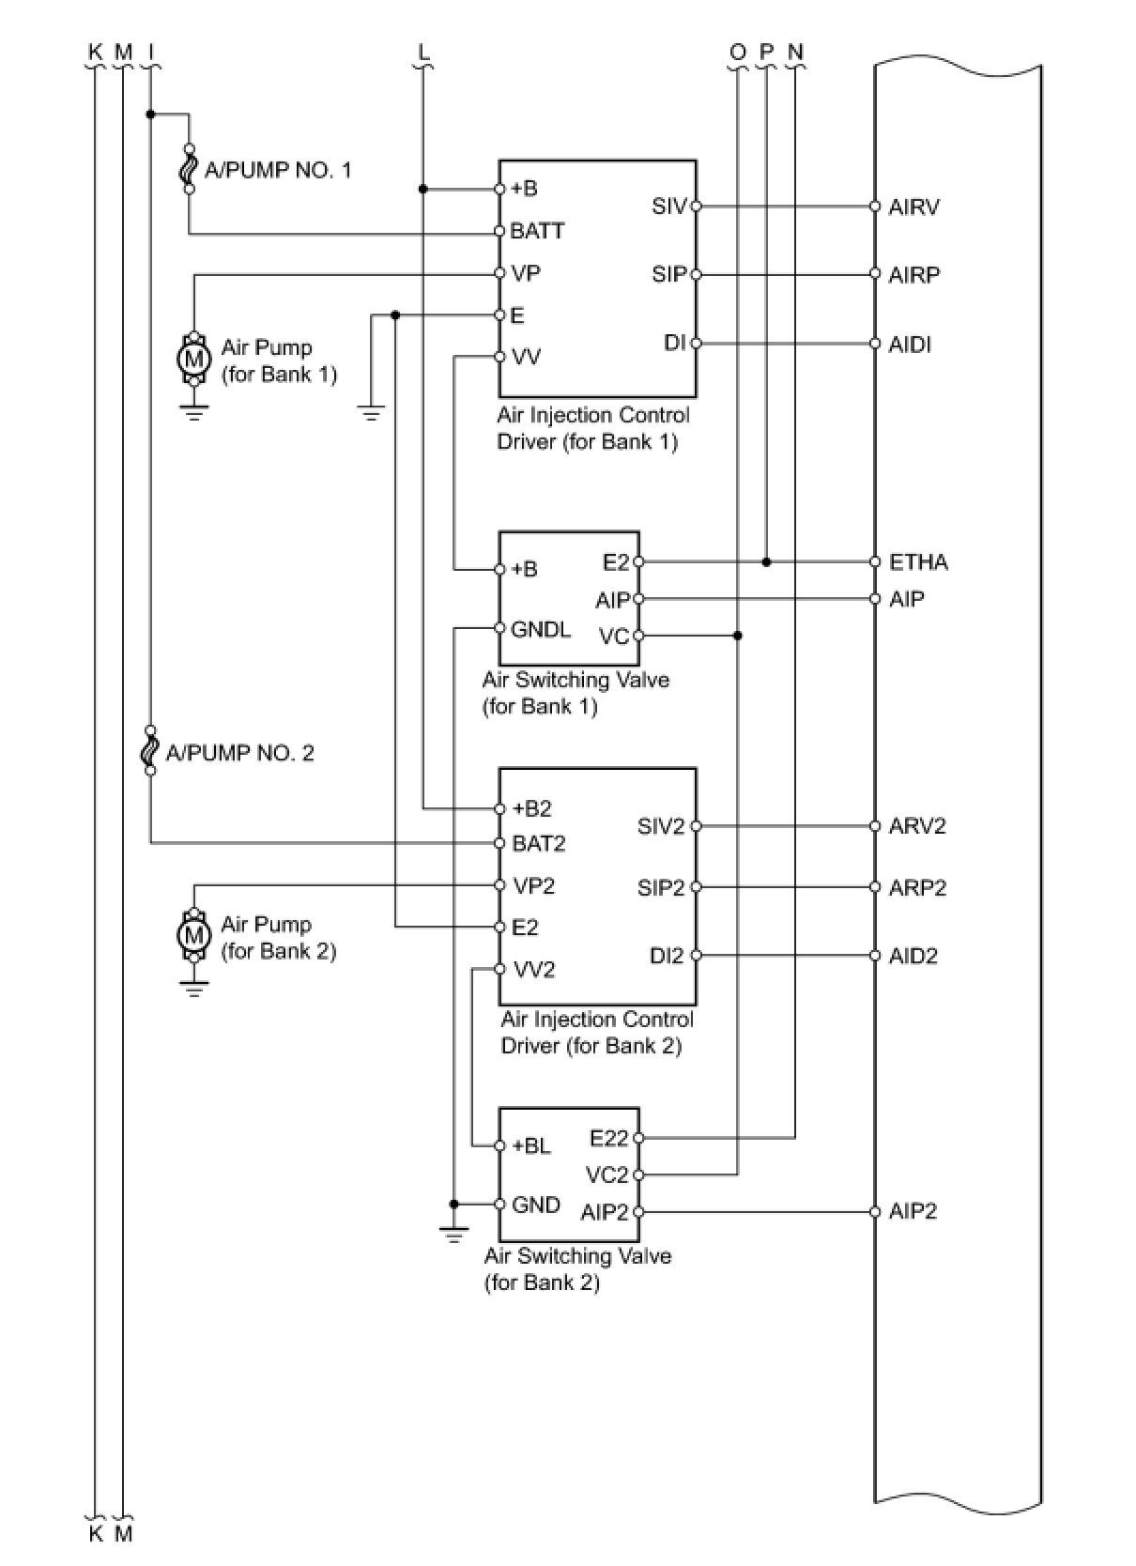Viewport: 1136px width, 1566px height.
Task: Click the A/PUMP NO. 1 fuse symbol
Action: tap(189, 169)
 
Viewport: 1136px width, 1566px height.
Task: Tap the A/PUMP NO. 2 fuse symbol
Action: tap(149, 750)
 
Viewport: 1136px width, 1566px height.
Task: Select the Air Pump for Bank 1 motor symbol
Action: tap(193, 359)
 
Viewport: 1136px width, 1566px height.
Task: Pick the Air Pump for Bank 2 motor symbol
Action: tap(193, 935)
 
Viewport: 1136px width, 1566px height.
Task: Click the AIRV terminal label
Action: tap(913, 207)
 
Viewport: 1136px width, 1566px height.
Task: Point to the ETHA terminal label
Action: tap(918, 562)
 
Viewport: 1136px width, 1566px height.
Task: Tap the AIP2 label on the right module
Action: tap(913, 1211)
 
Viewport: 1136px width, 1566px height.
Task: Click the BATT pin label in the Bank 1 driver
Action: tap(537, 231)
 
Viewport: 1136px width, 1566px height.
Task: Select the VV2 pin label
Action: tap(534, 971)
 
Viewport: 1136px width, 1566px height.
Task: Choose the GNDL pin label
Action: tap(541, 629)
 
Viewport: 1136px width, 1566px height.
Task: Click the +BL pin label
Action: tap(531, 1145)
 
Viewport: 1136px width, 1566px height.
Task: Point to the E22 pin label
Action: tap(609, 1139)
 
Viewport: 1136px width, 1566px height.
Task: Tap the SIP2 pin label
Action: tap(661, 888)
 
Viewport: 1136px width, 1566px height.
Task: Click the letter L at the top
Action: tap(423, 51)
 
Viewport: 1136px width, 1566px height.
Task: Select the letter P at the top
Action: tap(767, 51)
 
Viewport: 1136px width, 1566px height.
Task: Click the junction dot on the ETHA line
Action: tap(767, 562)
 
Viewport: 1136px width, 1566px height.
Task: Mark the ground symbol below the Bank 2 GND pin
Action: tap(453, 1236)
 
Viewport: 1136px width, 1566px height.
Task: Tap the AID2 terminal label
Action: tap(913, 957)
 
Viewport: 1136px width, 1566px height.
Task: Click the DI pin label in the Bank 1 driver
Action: tap(674, 344)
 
